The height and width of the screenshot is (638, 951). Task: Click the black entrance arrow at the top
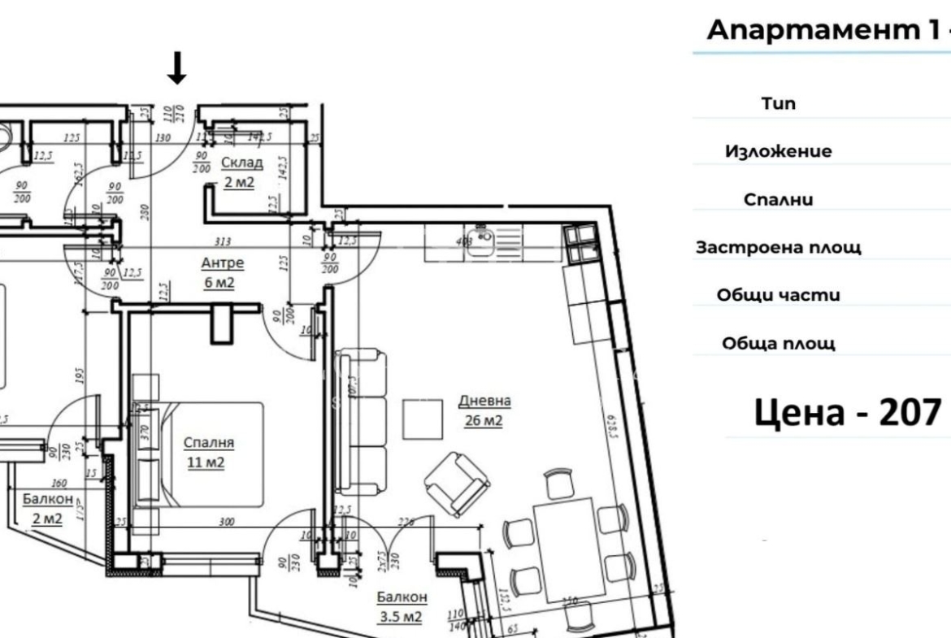tap(177, 68)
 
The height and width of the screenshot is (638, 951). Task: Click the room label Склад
tap(238, 163)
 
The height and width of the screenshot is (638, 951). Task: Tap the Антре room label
tap(223, 263)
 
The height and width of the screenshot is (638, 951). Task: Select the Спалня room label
tap(209, 443)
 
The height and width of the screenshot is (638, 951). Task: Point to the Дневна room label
tap(484, 401)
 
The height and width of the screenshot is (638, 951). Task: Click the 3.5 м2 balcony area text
tap(399, 617)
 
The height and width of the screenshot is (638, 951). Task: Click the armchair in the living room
tap(456, 484)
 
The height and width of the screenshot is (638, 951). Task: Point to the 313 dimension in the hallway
tap(224, 241)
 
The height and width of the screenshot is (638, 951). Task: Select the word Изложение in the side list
tap(778, 151)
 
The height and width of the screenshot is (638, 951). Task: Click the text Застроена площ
tap(778, 247)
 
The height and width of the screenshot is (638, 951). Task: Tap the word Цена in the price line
tap(793, 412)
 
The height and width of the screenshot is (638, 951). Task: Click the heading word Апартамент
tap(812, 30)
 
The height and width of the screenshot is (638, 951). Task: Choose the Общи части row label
tap(778, 295)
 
